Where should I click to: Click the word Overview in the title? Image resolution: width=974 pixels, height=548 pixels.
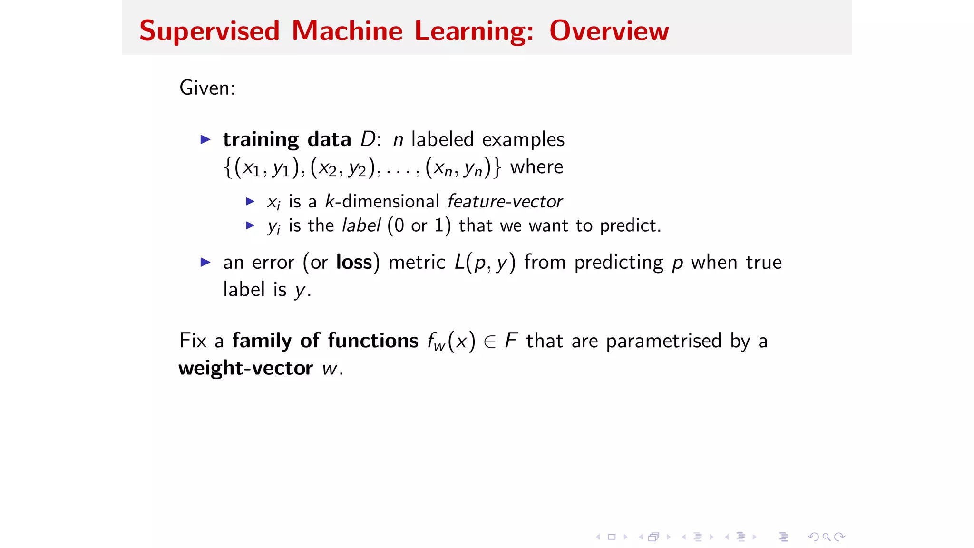tap(609, 31)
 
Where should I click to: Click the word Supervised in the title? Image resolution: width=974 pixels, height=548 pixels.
tap(209, 32)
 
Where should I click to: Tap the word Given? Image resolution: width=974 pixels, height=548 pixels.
tap(207, 88)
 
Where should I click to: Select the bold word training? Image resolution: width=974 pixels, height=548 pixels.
tap(261, 140)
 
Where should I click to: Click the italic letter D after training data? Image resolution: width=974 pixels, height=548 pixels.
tap(368, 139)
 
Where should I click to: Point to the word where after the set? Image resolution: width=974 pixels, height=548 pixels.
tap(536, 167)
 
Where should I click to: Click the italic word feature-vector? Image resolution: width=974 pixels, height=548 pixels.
tap(505, 202)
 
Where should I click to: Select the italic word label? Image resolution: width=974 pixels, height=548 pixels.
tap(361, 225)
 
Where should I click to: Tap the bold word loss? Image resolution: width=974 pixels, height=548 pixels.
tap(354, 263)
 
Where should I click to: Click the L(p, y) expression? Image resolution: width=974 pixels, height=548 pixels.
tap(485, 263)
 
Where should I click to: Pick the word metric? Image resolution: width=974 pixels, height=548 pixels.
tap(417, 263)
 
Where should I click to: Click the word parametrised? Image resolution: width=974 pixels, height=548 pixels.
tap(663, 342)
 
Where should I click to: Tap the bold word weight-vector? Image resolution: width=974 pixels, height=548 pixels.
tap(245, 369)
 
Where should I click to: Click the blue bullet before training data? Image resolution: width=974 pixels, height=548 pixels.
tap(205, 139)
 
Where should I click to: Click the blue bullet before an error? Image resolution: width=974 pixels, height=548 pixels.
tap(205, 262)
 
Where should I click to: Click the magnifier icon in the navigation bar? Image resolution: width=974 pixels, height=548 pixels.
tap(827, 537)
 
